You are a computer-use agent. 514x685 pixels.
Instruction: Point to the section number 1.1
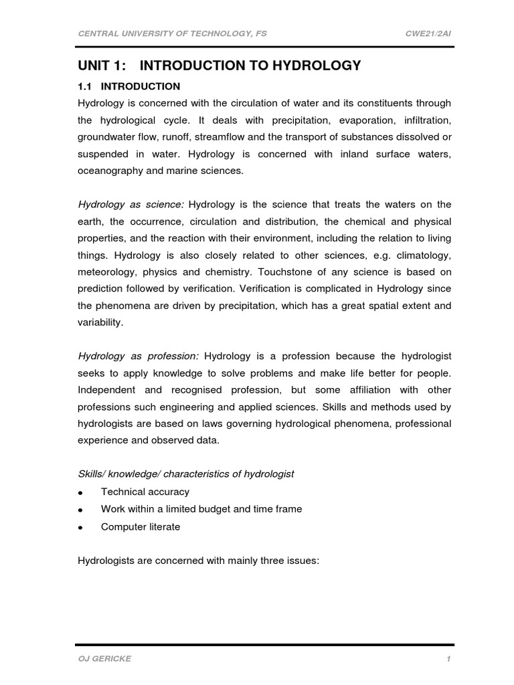click(86, 86)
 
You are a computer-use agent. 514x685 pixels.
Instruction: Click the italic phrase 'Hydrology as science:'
click(131, 204)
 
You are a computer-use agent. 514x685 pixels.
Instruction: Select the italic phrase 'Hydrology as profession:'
click(139, 355)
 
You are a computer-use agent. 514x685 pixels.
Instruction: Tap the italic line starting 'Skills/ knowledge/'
click(186, 474)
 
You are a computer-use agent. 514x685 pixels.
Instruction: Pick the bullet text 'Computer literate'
click(141, 526)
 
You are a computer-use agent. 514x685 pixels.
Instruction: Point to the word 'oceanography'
click(110, 171)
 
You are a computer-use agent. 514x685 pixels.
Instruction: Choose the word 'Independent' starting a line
click(106, 389)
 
